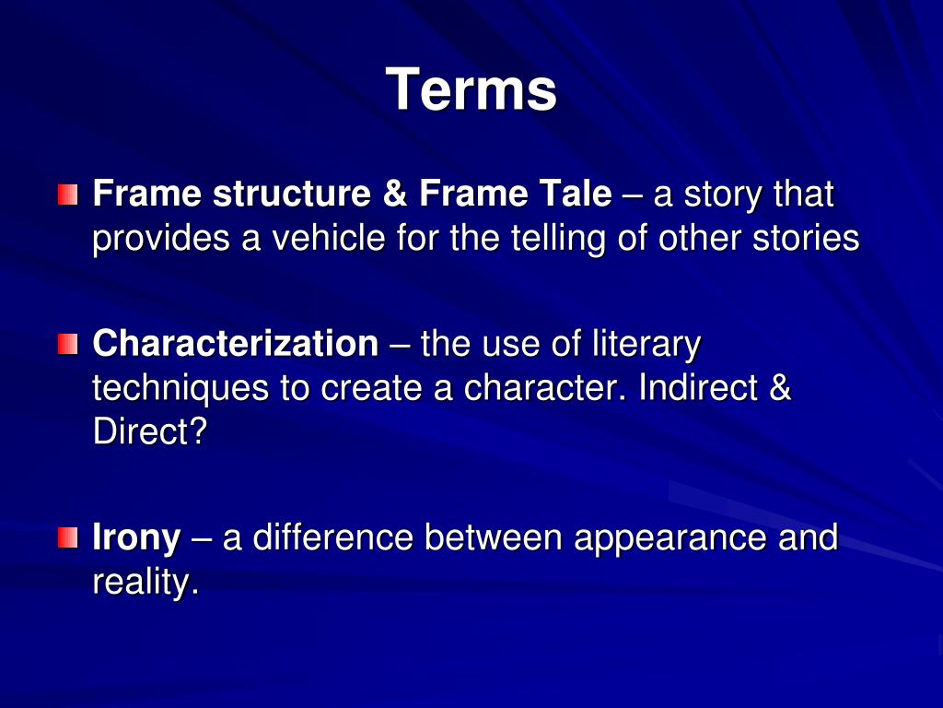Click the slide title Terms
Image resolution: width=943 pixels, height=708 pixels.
pos(471,90)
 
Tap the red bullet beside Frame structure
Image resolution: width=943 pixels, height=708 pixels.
pos(66,195)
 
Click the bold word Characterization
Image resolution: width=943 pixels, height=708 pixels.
pos(236,345)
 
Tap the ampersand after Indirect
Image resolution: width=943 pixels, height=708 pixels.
pos(779,388)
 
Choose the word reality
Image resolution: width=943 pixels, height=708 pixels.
pos(146,584)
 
